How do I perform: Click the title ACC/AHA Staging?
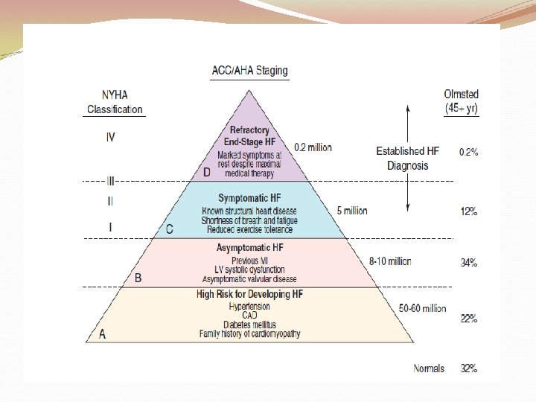(249, 71)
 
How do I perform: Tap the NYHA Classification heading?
(115, 102)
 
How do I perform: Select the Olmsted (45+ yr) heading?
(462, 101)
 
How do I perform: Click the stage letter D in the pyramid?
(207, 172)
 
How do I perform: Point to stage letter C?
(169, 229)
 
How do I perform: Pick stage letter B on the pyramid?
(137, 278)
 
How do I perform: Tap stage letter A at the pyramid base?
(102, 334)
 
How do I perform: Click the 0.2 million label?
(313, 147)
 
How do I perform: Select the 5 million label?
(351, 211)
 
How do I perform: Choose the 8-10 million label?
(390, 261)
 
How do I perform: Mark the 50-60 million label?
(423, 308)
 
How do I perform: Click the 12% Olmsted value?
(469, 211)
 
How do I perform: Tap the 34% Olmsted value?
(469, 263)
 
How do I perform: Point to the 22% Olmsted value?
(469, 319)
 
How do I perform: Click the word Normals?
(429, 368)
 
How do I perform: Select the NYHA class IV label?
(111, 137)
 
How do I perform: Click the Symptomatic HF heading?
(249, 199)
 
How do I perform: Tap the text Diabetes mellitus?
(249, 325)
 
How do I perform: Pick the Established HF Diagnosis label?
(407, 158)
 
